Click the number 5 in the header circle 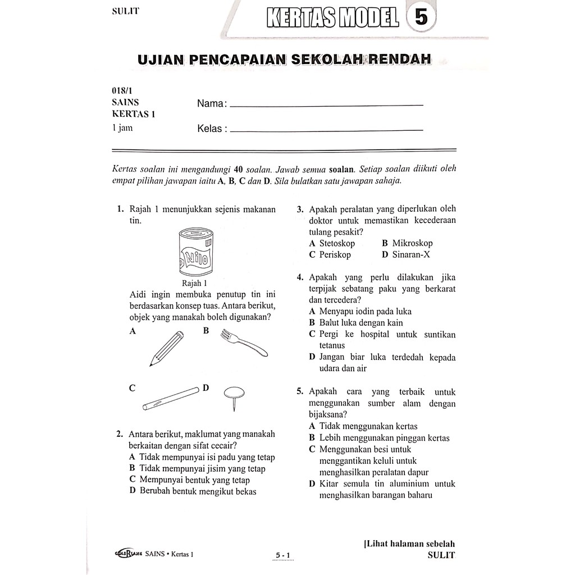pyautogui.click(x=421, y=17)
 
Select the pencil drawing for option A pyautogui.click(x=167, y=348)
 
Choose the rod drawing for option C pyautogui.click(x=171, y=398)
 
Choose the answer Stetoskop pyautogui.click(x=337, y=244)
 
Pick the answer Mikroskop pyautogui.click(x=412, y=244)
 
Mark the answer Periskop pyautogui.click(x=335, y=255)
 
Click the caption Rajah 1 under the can pyautogui.click(x=195, y=284)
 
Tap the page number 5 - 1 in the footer pyautogui.click(x=282, y=556)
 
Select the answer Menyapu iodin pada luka pyautogui.click(x=365, y=312)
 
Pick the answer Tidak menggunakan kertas pyautogui.click(x=368, y=427)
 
